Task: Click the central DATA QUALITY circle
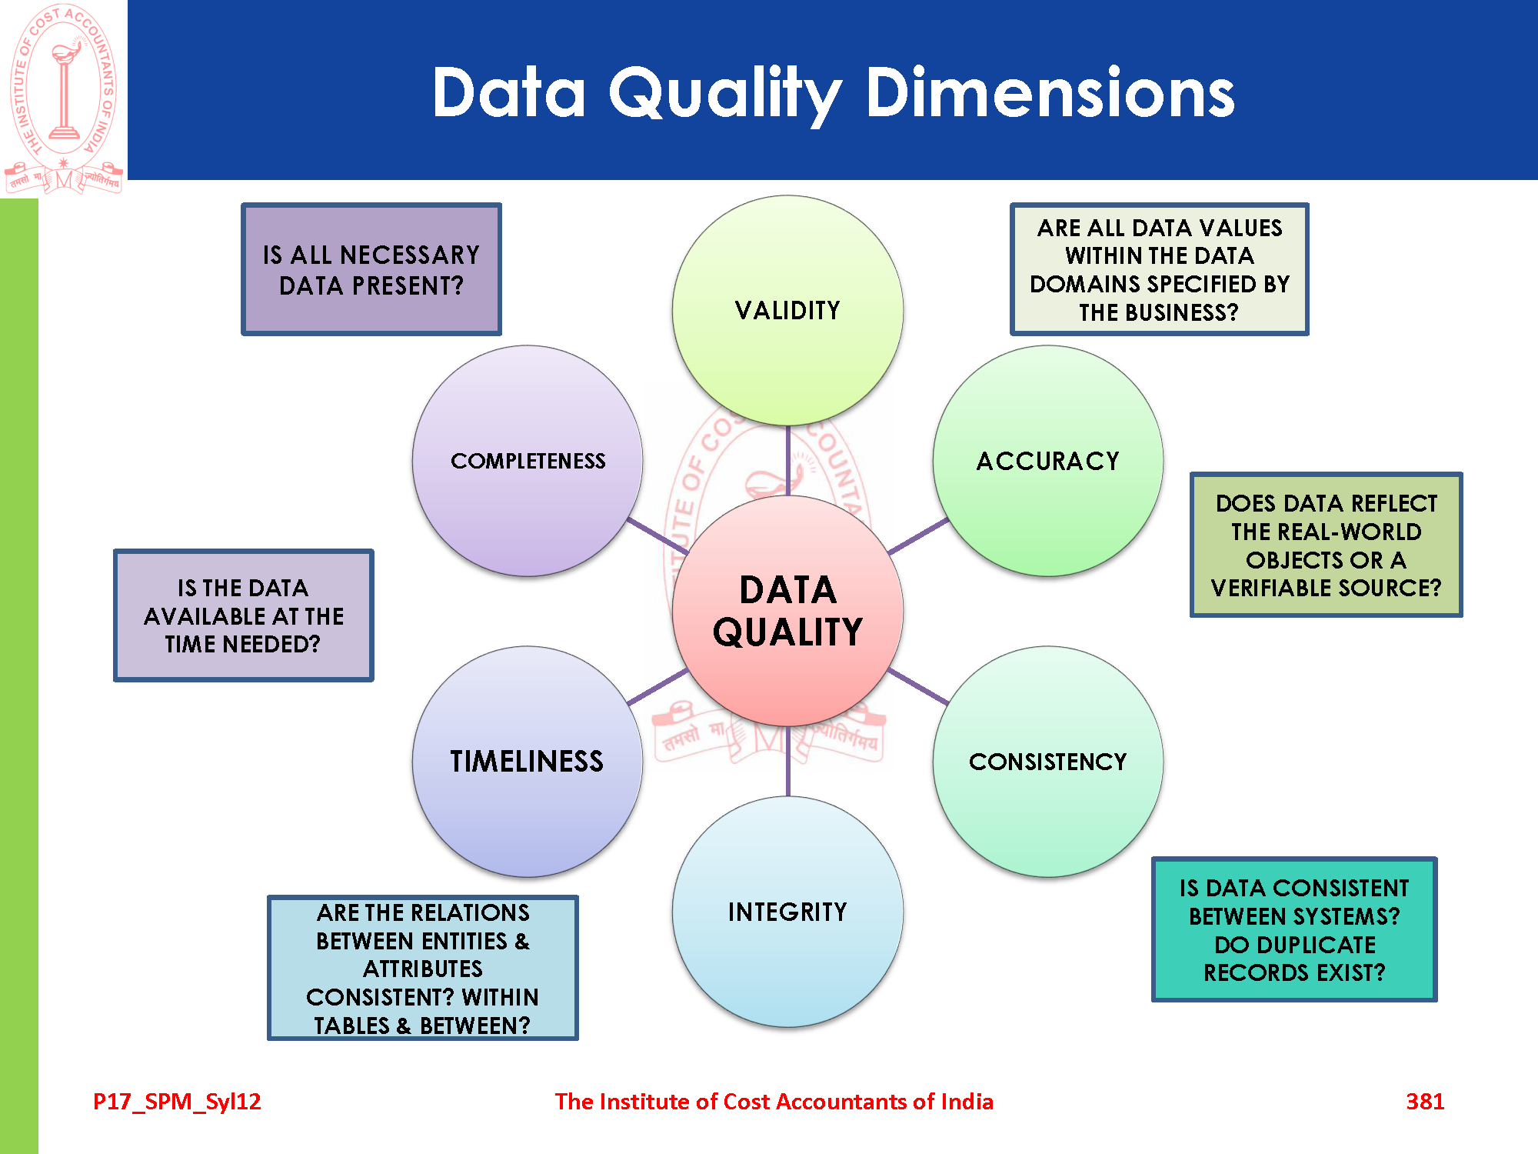(x=787, y=611)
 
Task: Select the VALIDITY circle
(x=787, y=310)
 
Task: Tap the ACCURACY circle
(x=1047, y=461)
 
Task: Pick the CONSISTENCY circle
(x=1047, y=762)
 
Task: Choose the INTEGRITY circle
(x=787, y=912)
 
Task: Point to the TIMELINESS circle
(x=528, y=762)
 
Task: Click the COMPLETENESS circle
(x=528, y=461)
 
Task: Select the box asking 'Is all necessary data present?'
(x=371, y=269)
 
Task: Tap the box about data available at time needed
(x=243, y=615)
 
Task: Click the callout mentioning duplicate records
(x=1294, y=929)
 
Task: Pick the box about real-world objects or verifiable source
(x=1326, y=545)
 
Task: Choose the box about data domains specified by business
(x=1159, y=269)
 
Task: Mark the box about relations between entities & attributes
(x=422, y=968)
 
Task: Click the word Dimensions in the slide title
(x=1050, y=92)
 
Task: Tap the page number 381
(x=1425, y=1101)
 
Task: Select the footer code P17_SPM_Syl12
(x=177, y=1102)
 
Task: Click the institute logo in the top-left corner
(x=64, y=98)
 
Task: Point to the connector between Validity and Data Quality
(x=787, y=461)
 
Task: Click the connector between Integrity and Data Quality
(x=787, y=762)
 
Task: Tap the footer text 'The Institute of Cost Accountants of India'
(x=774, y=1102)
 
